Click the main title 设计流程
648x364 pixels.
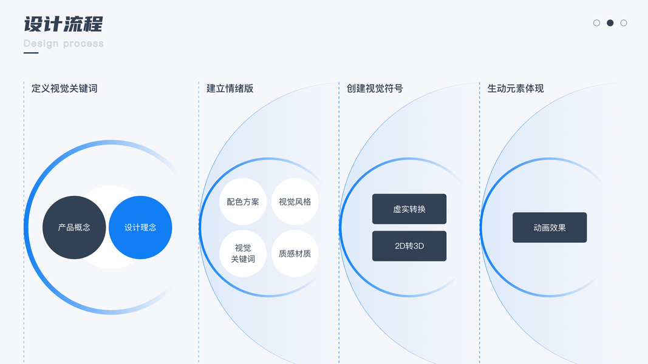click(63, 24)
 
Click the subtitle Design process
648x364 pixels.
click(63, 44)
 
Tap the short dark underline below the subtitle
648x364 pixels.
click(31, 53)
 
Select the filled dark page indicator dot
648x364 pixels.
click(610, 23)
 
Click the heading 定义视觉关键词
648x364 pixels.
click(64, 89)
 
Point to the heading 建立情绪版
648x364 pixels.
click(230, 89)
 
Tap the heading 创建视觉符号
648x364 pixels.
click(375, 89)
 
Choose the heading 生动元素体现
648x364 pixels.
click(516, 89)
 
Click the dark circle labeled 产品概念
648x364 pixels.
click(74, 227)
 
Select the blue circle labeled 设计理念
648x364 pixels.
click(140, 227)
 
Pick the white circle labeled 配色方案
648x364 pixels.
click(243, 201)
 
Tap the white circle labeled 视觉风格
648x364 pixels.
click(295, 201)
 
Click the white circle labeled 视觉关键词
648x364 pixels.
click(243, 253)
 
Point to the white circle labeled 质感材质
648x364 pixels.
click(295, 253)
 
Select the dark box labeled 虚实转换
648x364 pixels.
click(409, 209)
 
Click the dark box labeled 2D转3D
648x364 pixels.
click(409, 246)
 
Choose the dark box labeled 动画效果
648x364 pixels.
click(550, 227)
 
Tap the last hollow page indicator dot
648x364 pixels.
click(624, 23)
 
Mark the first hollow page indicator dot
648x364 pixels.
click(597, 23)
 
